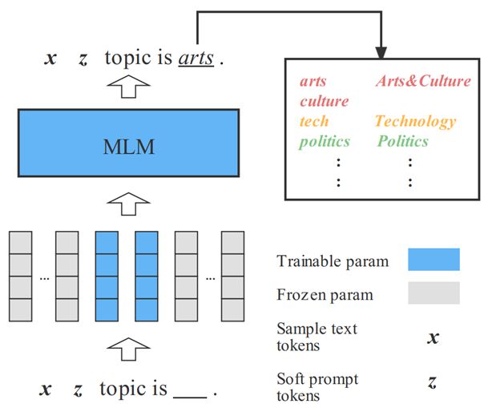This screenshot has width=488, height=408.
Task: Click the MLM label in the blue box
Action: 128,147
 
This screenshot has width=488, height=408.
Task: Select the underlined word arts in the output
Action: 196,59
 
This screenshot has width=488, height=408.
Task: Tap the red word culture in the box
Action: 324,101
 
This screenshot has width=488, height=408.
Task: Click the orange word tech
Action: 314,121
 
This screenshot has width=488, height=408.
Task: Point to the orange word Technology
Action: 416,122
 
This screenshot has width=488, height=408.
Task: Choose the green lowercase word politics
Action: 325,142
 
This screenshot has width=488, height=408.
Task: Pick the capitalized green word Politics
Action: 403,141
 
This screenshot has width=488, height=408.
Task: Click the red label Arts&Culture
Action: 423,81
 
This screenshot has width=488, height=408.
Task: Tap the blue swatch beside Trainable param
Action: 434,259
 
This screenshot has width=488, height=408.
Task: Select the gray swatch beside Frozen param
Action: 434,293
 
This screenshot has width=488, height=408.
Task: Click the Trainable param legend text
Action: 333,261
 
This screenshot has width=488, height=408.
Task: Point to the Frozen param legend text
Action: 325,295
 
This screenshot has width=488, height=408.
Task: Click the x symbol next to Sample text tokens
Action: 433,337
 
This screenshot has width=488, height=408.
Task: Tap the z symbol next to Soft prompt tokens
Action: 432,382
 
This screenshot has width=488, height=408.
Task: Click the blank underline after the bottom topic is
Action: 190,397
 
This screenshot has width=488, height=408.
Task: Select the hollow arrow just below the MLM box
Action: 128,204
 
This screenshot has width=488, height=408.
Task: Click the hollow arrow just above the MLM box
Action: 128,87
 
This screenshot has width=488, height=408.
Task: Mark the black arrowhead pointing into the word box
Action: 381,53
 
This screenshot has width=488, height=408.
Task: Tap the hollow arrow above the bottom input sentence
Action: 128,349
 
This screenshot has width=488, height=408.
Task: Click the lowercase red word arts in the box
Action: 313,81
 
